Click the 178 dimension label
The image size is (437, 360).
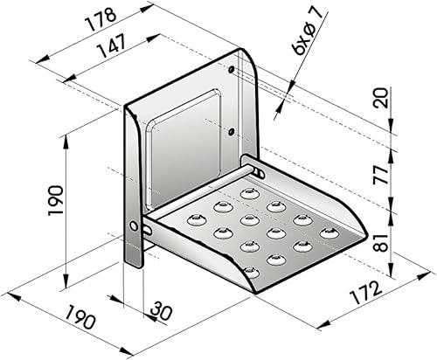[x=101, y=19]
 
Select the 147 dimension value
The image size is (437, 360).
[x=113, y=45]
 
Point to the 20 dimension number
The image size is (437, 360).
[x=382, y=98]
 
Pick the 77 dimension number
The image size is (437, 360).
[x=382, y=175]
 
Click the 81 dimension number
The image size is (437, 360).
[x=382, y=242]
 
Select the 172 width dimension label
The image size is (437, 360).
[x=366, y=294]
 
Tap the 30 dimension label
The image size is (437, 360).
[x=159, y=310]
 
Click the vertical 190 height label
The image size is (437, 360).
[x=56, y=200]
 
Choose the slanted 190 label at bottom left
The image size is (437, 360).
[x=80, y=317]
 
